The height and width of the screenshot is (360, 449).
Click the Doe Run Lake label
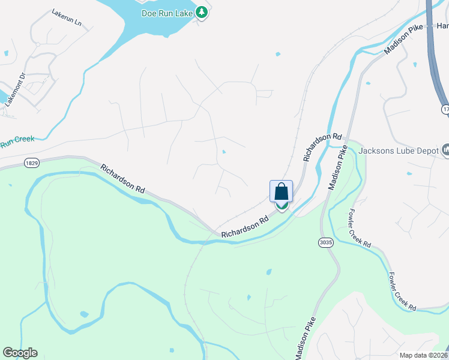click(x=167, y=13)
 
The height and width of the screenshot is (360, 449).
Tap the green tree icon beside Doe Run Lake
click(x=202, y=12)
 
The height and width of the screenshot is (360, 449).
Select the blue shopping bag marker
click(x=281, y=192)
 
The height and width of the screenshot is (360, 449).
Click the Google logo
click(x=20, y=352)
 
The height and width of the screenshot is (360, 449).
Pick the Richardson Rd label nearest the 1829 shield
click(x=122, y=178)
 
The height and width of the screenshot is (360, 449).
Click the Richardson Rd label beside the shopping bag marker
click(x=246, y=227)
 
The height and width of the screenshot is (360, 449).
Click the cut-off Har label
click(x=442, y=26)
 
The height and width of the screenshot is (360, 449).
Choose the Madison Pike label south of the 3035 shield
click(x=306, y=338)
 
